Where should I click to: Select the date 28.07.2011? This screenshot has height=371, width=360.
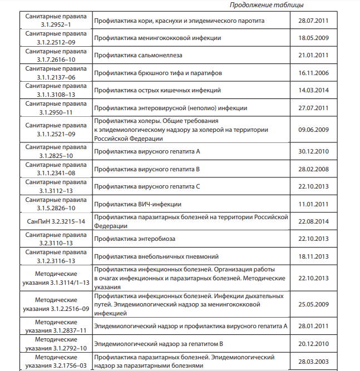[x=314, y=21]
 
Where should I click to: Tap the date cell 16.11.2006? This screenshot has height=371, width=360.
[x=314, y=73]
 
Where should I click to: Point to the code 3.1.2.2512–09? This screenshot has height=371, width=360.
[x=56, y=42]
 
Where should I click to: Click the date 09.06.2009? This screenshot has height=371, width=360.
[x=314, y=130]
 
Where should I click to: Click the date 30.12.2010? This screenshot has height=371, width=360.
[x=314, y=151]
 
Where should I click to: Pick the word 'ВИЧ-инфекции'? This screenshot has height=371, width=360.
[x=161, y=204]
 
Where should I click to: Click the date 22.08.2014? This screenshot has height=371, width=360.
[x=314, y=221]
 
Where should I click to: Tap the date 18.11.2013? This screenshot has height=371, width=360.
[x=314, y=256]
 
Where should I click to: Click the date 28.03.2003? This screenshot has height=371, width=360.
[x=314, y=362]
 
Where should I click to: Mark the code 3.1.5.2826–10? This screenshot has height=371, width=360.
[x=56, y=209]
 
